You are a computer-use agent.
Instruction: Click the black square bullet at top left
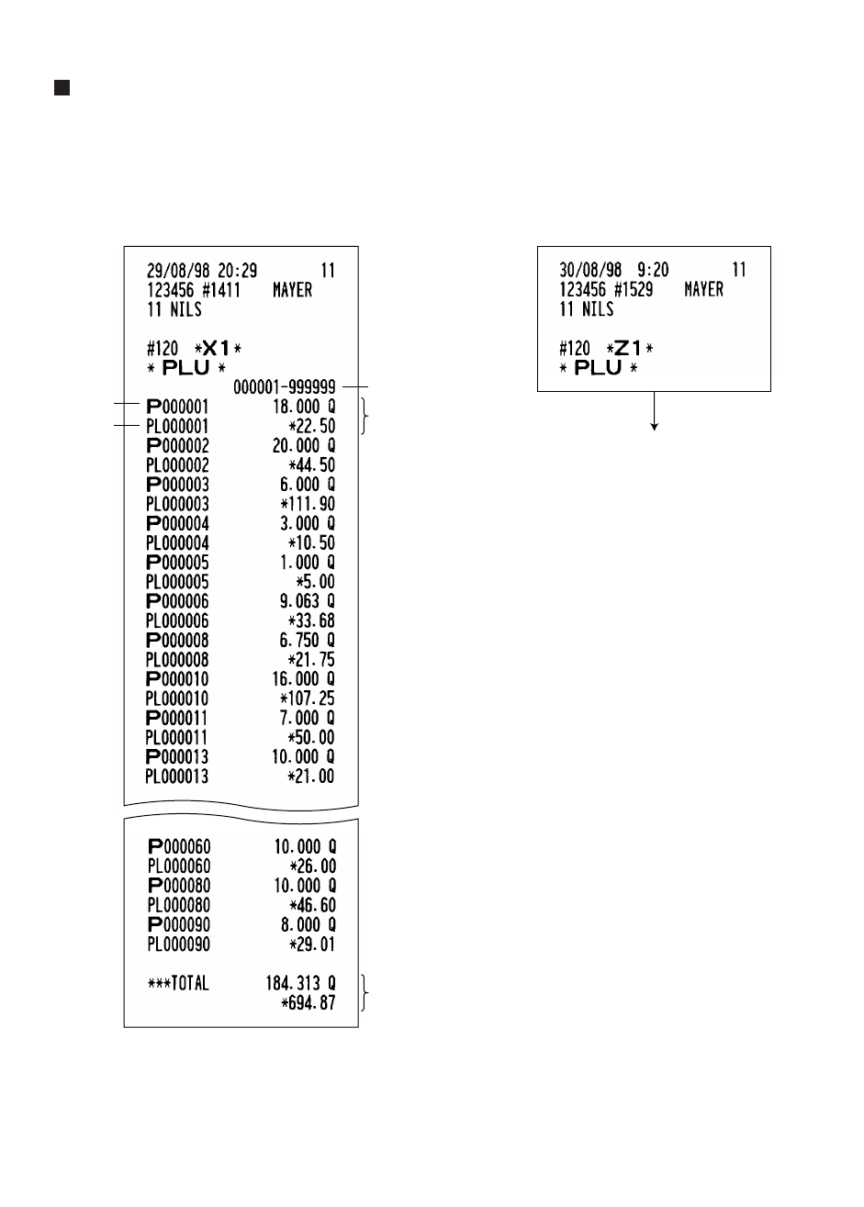point(62,88)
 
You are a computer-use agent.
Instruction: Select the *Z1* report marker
point(628,349)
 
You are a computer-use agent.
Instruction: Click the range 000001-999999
point(284,387)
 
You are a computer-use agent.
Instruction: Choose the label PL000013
point(177,777)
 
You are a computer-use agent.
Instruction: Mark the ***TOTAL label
point(178,984)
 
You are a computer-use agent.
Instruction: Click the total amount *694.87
point(308,1003)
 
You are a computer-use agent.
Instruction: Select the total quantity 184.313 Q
point(300,984)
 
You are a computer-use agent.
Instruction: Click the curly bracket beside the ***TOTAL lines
point(367,994)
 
